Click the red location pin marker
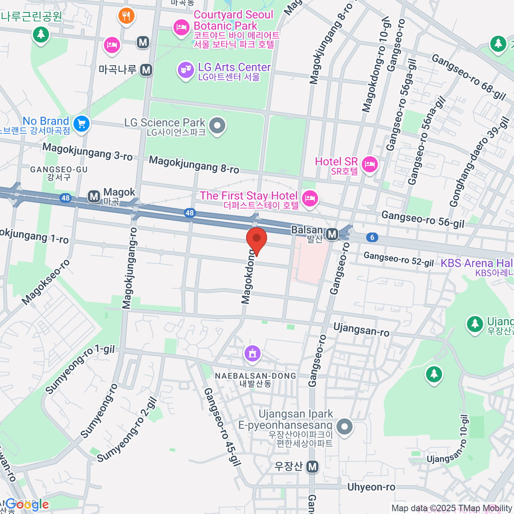pos(257,240)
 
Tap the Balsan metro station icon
pos(332,234)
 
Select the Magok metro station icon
pos(94,197)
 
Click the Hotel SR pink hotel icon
pos(369,164)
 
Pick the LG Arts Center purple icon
pos(186,70)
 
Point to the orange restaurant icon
pos(126,16)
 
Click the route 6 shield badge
pos(372,237)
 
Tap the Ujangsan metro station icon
pos(313,466)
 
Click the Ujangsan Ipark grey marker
pos(344,426)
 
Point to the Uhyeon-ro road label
pos(371,487)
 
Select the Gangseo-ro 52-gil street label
pos(398,259)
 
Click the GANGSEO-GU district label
pos(59,170)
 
